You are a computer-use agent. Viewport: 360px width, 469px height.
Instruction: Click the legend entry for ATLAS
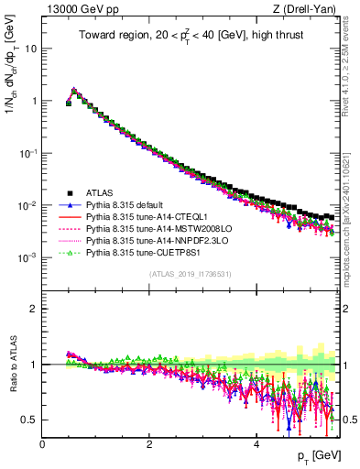click(x=96, y=191)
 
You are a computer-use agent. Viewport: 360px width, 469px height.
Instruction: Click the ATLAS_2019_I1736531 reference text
click(x=190, y=274)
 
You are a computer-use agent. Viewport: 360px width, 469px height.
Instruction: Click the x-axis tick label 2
click(x=149, y=443)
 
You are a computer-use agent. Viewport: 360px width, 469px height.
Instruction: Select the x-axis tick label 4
click(x=256, y=443)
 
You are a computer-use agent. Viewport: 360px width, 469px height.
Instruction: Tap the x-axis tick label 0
click(x=43, y=443)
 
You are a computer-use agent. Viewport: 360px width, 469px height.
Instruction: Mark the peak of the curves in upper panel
click(x=74, y=91)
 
